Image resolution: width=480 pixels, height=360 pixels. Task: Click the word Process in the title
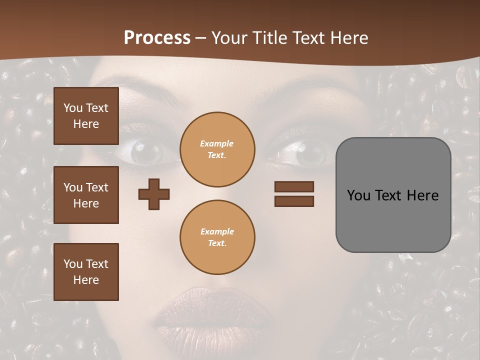click(x=157, y=38)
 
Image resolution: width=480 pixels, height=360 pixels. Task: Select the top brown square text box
click(x=86, y=116)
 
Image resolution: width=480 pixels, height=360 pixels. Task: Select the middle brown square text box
click(x=86, y=195)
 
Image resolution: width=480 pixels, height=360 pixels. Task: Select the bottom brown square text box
click(x=86, y=271)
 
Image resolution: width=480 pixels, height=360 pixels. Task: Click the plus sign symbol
click(x=154, y=194)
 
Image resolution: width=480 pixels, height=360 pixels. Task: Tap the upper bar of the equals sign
click(x=294, y=186)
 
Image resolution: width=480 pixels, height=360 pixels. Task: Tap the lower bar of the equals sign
click(x=294, y=201)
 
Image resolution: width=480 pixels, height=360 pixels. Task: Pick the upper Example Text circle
click(x=217, y=149)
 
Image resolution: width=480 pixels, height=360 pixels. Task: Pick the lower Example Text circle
click(x=217, y=237)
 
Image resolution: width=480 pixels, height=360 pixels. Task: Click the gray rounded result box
click(x=393, y=195)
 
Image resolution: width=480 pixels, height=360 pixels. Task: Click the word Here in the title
click(x=350, y=38)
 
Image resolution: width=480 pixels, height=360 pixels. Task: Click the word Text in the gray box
click(x=388, y=195)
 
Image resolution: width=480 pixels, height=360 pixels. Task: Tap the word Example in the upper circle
click(x=217, y=143)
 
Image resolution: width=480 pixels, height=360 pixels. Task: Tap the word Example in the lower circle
click(x=217, y=231)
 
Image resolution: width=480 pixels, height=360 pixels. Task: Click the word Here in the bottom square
click(x=86, y=280)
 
